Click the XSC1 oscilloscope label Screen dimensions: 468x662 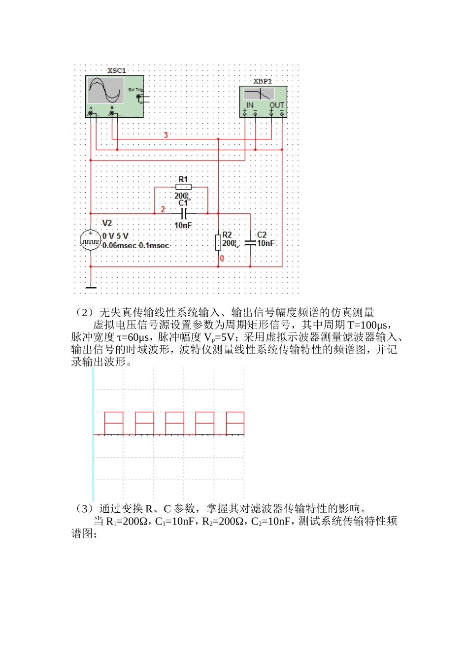tap(117, 70)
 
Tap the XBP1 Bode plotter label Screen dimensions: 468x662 tap(263, 81)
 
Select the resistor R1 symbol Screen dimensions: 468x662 tap(183, 187)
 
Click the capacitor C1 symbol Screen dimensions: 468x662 tap(183, 214)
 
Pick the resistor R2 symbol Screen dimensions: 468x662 tap(218, 242)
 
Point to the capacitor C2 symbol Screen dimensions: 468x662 tap(250, 242)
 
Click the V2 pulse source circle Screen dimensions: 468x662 tap(91, 240)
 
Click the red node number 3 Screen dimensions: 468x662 tap(166, 135)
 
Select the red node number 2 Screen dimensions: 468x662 tap(163, 209)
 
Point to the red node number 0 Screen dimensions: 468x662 tap(222, 258)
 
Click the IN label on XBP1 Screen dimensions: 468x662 tap(250, 105)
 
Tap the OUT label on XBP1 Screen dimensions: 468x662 tap(276, 105)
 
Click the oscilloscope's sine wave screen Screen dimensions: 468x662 tap(105, 90)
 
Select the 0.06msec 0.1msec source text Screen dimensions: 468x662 tap(135, 245)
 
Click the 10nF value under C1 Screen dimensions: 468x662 tap(183, 225)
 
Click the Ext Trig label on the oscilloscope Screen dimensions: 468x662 tap(135, 90)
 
